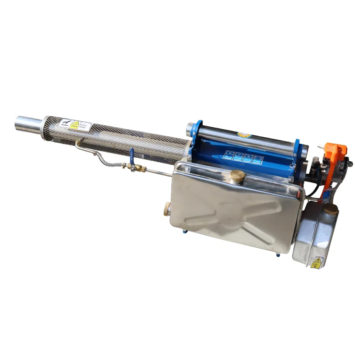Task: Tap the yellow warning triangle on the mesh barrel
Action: tap(74, 125)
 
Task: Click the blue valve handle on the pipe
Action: tap(132, 154)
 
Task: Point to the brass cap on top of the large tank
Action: tap(237, 176)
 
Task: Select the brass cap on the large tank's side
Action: tap(167, 208)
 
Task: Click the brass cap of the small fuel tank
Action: tap(330, 209)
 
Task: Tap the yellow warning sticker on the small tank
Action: tap(316, 262)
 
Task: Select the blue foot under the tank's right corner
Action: tap(278, 253)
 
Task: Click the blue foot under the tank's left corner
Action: tap(184, 232)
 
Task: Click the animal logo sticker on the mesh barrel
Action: tap(64, 123)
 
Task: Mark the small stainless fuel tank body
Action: tap(315, 235)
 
